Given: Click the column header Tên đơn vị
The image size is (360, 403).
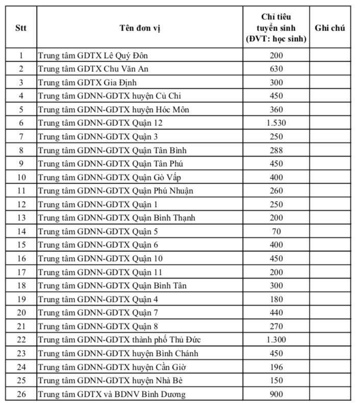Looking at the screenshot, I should point(140,28).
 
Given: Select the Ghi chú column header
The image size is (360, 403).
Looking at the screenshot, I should point(329,28).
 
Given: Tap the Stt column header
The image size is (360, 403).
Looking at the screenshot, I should point(21,28).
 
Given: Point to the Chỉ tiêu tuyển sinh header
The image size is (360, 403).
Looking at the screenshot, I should point(276,28).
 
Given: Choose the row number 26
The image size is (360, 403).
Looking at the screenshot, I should point(21,394).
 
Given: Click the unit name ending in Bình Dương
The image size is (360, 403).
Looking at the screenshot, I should point(112,394).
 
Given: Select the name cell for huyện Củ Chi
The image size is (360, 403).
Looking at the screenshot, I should point(110,96).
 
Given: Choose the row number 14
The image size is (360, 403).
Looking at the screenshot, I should point(21,232).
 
